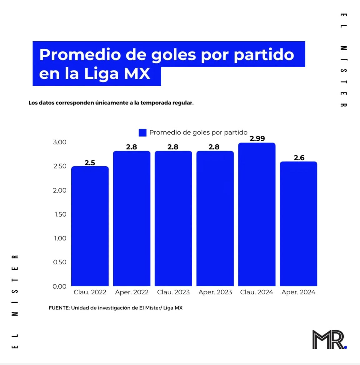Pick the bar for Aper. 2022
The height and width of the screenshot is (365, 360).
pyautogui.click(x=132, y=218)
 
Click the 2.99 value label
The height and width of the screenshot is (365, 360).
pyautogui.click(x=257, y=138)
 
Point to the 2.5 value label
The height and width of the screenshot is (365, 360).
pyautogui.click(x=90, y=163)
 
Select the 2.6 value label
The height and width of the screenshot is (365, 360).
pyautogui.click(x=299, y=158)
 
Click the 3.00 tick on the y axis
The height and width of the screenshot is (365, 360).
pyautogui.click(x=60, y=142)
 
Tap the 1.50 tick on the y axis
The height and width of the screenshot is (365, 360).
pyautogui.click(x=60, y=214)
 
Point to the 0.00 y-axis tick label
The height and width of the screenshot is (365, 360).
pyautogui.click(x=59, y=286)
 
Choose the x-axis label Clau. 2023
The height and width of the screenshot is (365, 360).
pyautogui.click(x=173, y=292)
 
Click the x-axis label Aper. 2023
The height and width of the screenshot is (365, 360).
pyautogui.click(x=215, y=292)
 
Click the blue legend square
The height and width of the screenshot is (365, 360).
pyautogui.click(x=142, y=132)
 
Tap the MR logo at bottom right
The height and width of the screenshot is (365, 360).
pyautogui.click(x=328, y=340)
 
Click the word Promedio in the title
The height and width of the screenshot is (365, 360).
pyautogui.click(x=80, y=55)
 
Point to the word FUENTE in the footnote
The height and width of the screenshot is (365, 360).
pyautogui.click(x=59, y=308)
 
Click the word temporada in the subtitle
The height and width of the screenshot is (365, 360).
pyautogui.click(x=155, y=103)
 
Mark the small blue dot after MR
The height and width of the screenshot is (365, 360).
pyautogui.click(x=345, y=347)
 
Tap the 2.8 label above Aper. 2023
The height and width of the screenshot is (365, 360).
pyautogui.click(x=214, y=147)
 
